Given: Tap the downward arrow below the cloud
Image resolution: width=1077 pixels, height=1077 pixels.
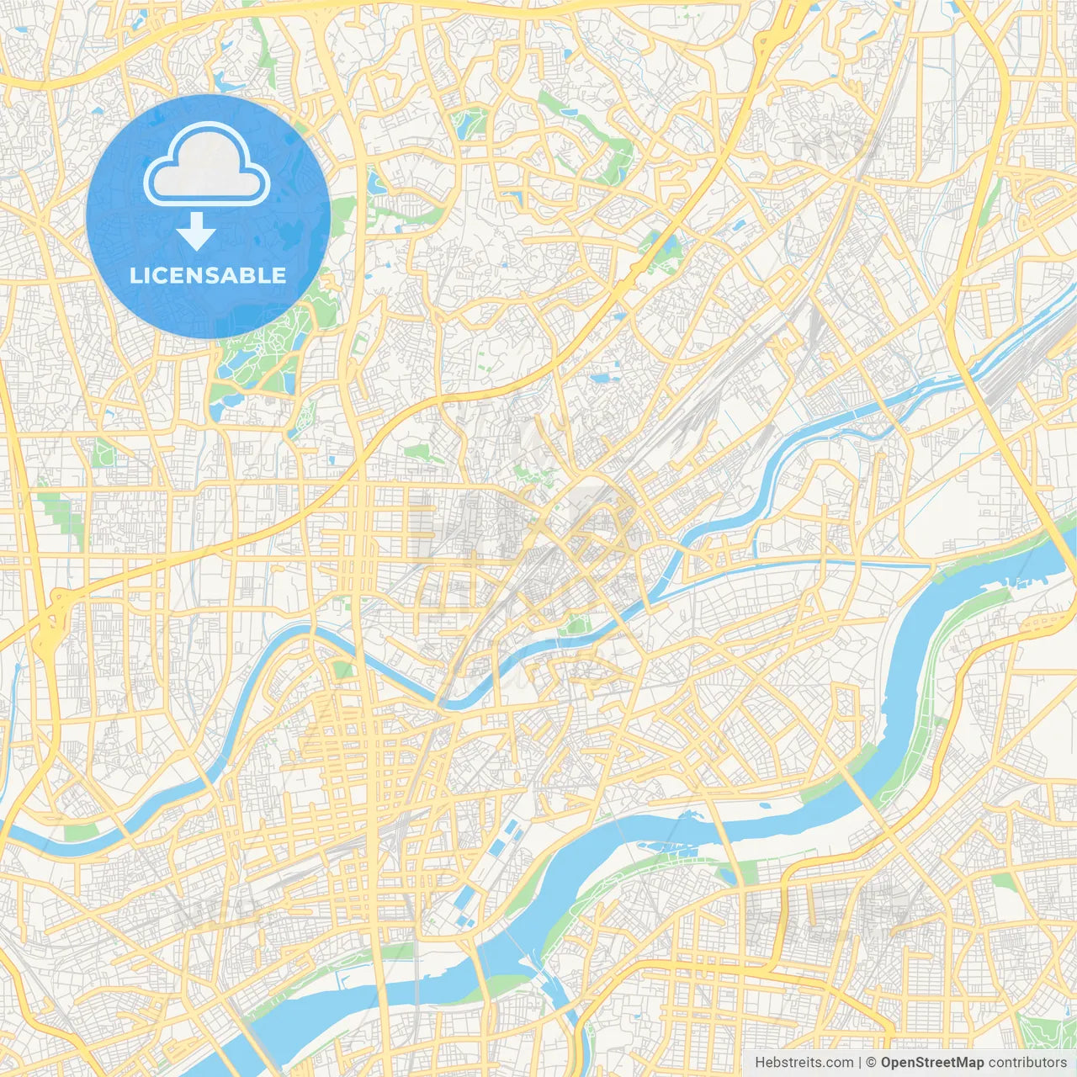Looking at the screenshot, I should pos(196,231).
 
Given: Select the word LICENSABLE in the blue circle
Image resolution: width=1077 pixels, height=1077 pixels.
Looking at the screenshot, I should pos(208,275).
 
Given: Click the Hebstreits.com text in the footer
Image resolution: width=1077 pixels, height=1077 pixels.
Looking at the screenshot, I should pos(804,1063).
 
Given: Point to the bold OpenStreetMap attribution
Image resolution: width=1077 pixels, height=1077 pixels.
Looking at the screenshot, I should pos(932,1063).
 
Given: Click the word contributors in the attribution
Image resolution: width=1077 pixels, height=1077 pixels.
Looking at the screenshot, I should pos(1027,1063).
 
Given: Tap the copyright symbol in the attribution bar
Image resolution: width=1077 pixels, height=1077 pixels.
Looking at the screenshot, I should pos(871,1063).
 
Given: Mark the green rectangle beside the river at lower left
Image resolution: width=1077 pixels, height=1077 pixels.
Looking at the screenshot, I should pos(80,832).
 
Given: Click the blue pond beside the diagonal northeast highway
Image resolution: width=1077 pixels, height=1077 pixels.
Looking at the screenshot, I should pos(669,248).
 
